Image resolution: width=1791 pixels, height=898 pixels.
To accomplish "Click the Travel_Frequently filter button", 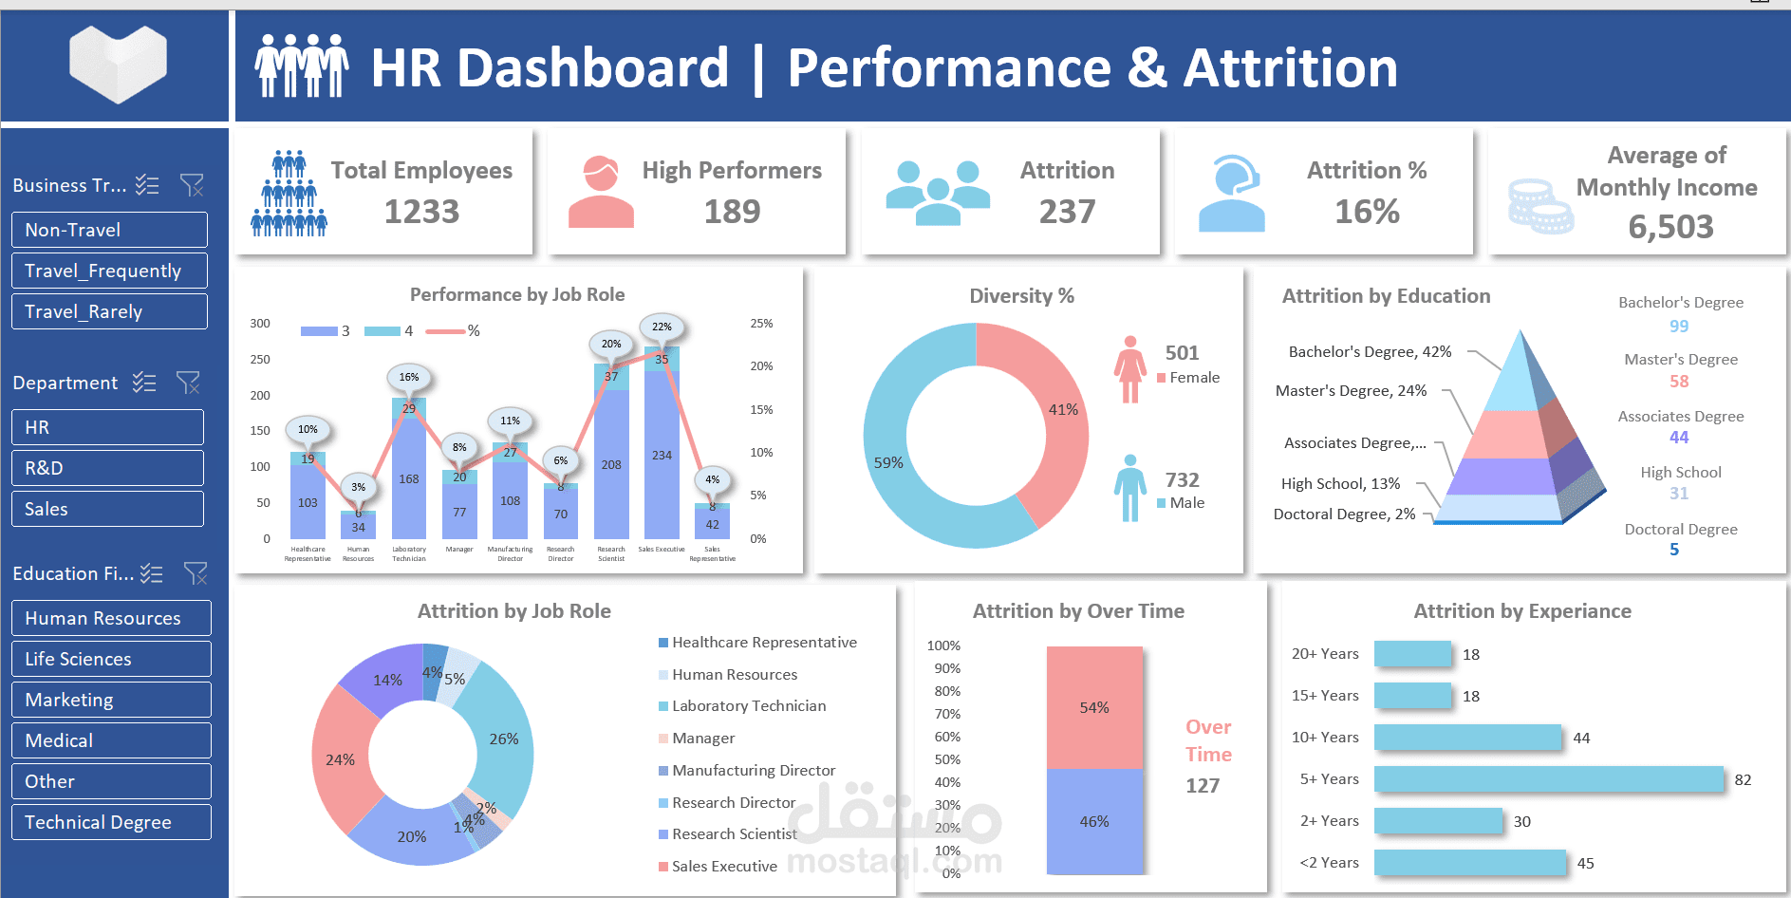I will point(109,271).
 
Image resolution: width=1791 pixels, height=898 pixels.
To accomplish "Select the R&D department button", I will point(107,468).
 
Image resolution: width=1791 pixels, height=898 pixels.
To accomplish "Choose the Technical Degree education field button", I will point(111,822).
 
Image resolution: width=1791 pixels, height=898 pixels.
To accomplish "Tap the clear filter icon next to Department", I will point(188,383).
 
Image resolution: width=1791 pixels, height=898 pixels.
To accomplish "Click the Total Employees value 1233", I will point(421,212).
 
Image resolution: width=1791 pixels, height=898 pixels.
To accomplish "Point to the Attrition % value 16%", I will point(1367,212).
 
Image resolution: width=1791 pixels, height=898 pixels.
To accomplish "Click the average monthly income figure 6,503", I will point(1670,227).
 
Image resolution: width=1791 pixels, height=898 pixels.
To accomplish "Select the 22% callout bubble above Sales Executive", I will point(662,327).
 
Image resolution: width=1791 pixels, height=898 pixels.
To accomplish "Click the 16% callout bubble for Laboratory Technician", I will point(409,377).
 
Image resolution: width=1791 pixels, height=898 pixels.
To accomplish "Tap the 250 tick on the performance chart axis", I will point(260,360).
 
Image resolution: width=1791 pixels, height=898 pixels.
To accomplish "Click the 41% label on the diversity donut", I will point(1063,409).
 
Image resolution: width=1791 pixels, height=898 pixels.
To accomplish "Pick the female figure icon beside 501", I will point(1129,369).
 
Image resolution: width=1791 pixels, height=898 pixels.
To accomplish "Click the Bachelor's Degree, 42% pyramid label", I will point(1370,351).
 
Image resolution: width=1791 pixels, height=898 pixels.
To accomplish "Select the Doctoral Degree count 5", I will point(1674,550).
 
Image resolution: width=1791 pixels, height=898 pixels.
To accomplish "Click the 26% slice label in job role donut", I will point(504,739).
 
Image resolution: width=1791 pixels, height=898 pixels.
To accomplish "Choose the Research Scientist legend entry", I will point(734,833).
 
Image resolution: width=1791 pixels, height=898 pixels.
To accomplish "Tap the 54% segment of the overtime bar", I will point(1094,707).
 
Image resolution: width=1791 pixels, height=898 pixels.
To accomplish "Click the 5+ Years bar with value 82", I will point(1548,779).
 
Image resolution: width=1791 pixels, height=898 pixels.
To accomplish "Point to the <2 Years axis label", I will point(1329,862).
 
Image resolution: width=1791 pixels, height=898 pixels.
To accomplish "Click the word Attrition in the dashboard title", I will point(1290,68).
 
